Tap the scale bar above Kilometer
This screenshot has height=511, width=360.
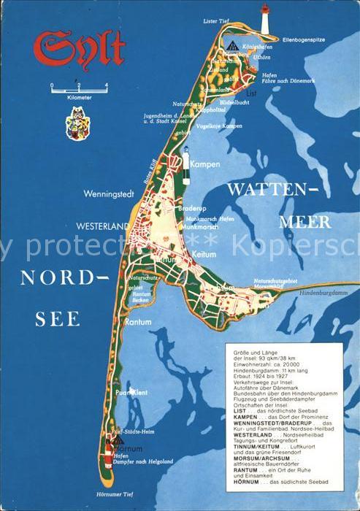pyautogui.click(x=78, y=88)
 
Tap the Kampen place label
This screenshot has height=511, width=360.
pyautogui.click(x=204, y=164)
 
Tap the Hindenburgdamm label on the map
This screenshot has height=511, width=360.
pyautogui.click(x=325, y=292)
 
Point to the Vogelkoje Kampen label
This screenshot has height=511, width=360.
pyautogui.click(x=201, y=126)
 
